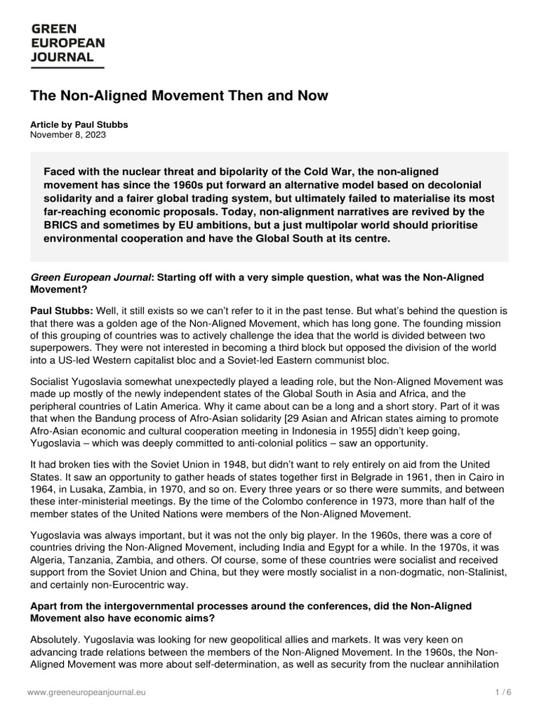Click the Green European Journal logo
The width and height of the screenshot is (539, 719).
(x=67, y=44)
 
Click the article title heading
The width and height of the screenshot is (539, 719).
(x=179, y=95)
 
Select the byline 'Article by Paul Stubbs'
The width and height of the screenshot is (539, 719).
(x=79, y=124)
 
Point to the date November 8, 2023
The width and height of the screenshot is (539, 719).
(x=67, y=135)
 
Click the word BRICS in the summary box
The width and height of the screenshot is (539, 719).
(x=61, y=226)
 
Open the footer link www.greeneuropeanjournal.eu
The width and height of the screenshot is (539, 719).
(x=88, y=692)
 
